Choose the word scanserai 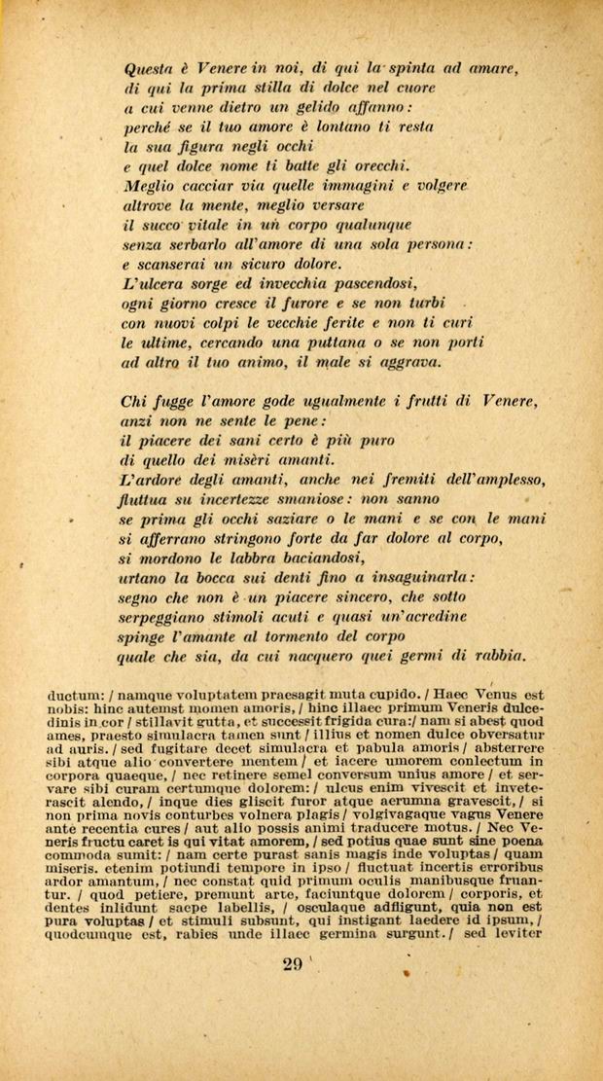(176, 264)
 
